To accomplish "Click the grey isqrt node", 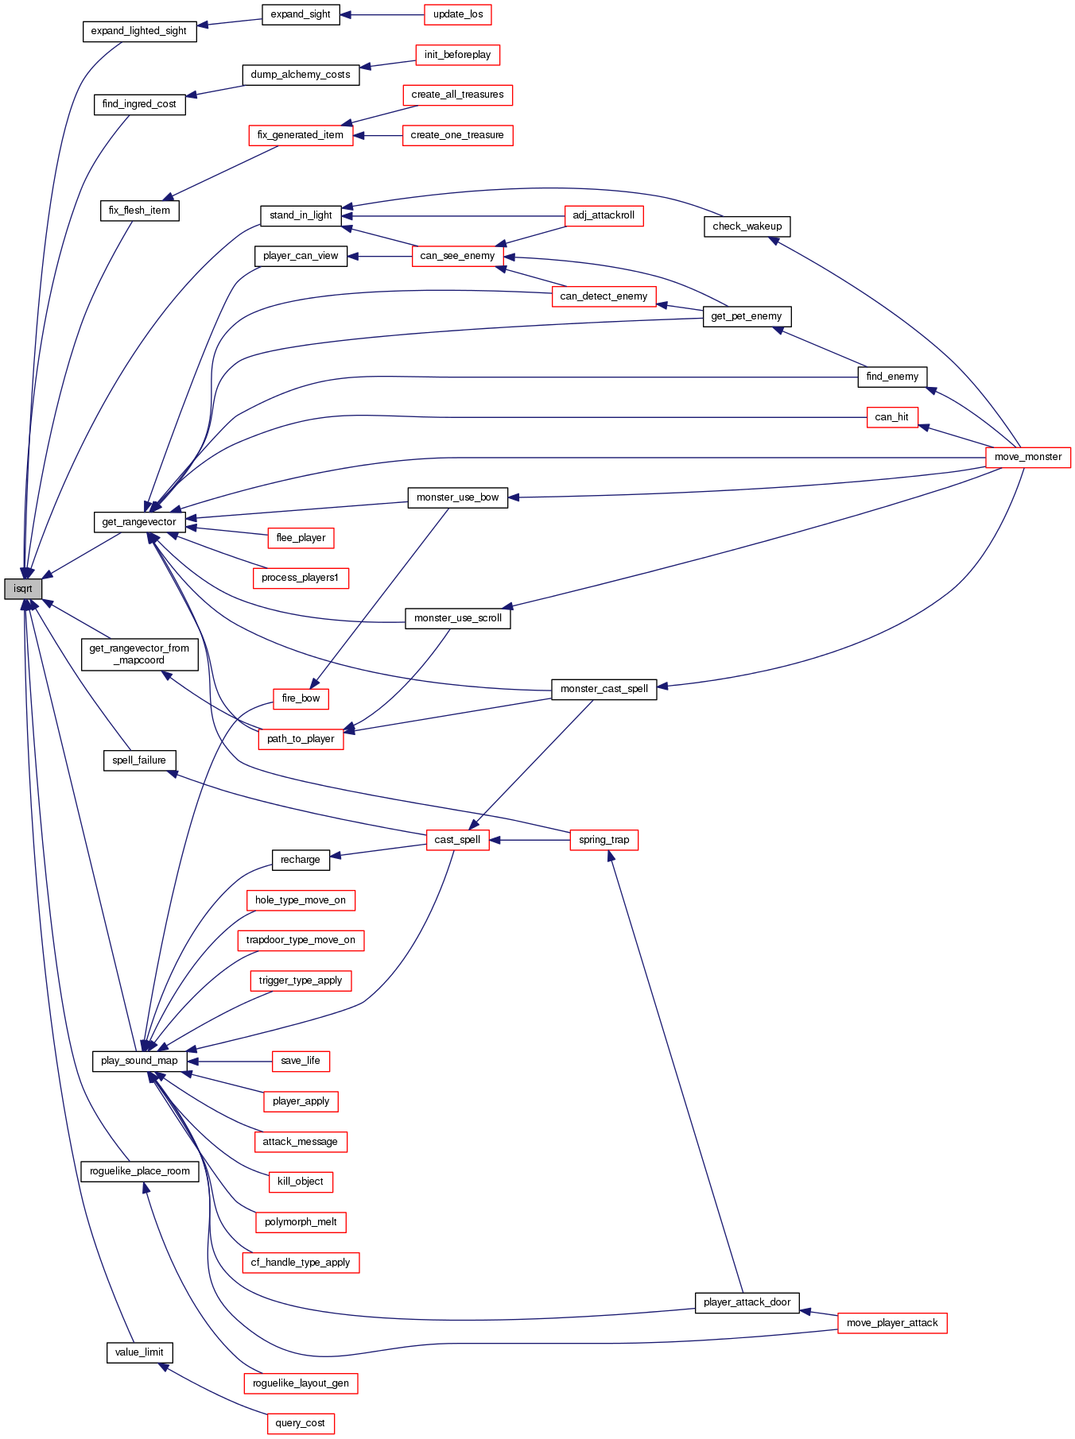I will click(x=23, y=589).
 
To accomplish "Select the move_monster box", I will click(x=1027, y=457).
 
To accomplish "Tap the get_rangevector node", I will click(x=139, y=522).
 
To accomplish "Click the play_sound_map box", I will click(x=139, y=1061).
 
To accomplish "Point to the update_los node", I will click(x=458, y=14).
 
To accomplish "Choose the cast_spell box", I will click(x=457, y=840).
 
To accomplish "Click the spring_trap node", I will click(x=603, y=840).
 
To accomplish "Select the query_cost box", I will click(x=300, y=1423).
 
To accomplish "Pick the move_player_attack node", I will click(x=891, y=1323).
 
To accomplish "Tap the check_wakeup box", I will click(x=747, y=226).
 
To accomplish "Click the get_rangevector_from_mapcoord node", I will click(x=139, y=654).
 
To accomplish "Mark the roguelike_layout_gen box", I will click(x=301, y=1383).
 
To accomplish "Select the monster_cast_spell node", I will click(x=603, y=689).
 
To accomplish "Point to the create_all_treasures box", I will click(x=457, y=95).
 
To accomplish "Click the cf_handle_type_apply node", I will click(x=301, y=1263).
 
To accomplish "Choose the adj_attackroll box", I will click(x=603, y=215).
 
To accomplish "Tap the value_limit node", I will click(x=139, y=1352).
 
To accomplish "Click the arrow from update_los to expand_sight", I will click(x=382, y=14).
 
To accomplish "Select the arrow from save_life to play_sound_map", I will click(x=230, y=1061).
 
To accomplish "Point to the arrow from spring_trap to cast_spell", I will click(x=530, y=840).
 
